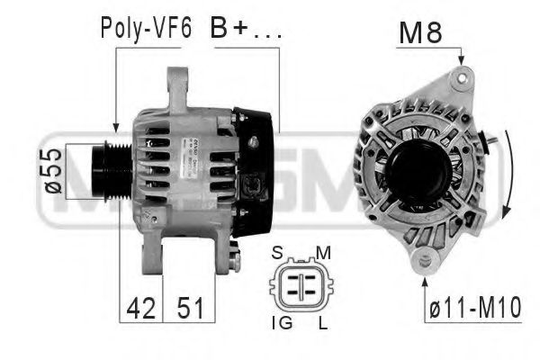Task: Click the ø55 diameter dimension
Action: [51, 171]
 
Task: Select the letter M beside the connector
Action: [323, 252]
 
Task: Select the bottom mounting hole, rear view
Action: [424, 260]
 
